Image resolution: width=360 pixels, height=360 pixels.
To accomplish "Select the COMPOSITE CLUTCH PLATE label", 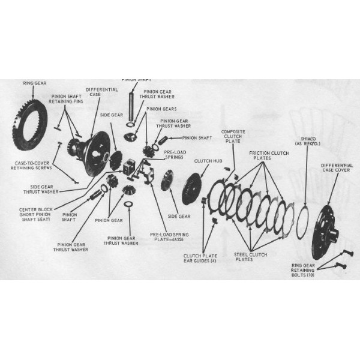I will coord(233,137).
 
